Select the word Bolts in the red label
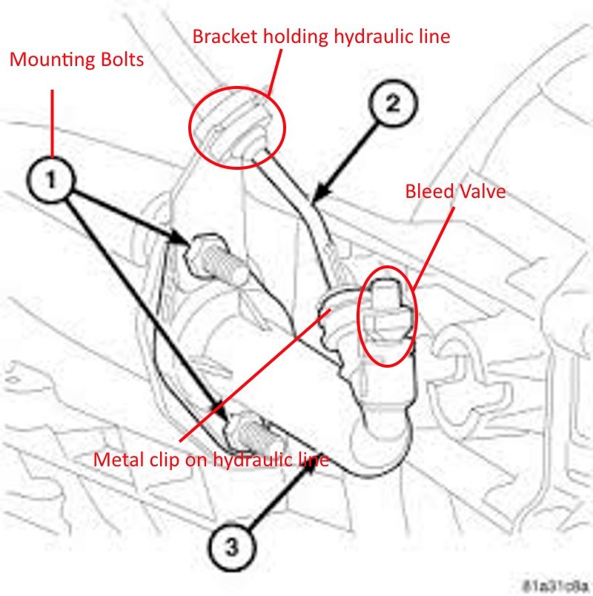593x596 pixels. coord(119,59)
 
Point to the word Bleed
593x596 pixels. coord(428,191)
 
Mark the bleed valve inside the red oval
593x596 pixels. coord(385,315)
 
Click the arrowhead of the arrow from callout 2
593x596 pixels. coord(316,199)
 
